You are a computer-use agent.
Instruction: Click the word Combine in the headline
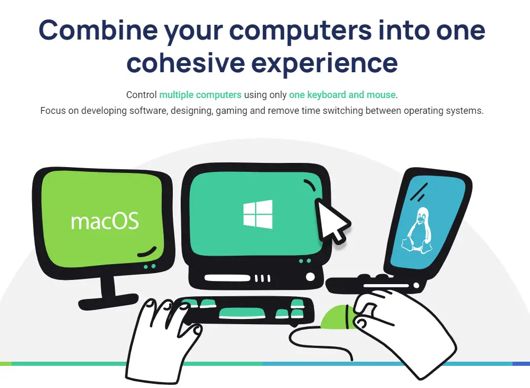click(98, 30)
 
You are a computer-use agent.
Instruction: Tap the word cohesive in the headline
click(185, 63)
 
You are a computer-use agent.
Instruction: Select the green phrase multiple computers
click(200, 95)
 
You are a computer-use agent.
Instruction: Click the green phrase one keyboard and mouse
click(342, 95)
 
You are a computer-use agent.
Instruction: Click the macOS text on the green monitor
click(105, 221)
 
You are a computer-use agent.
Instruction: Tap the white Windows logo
click(258, 214)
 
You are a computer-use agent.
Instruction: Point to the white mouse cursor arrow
click(331, 221)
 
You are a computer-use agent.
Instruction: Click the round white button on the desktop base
click(310, 277)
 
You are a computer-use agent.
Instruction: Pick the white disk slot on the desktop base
click(228, 278)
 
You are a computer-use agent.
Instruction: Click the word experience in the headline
click(325, 63)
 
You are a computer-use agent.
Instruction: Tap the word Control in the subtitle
click(142, 95)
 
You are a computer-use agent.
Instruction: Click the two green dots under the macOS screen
click(150, 267)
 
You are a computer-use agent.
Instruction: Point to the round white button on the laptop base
click(416, 286)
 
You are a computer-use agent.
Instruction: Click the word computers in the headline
click(300, 30)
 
